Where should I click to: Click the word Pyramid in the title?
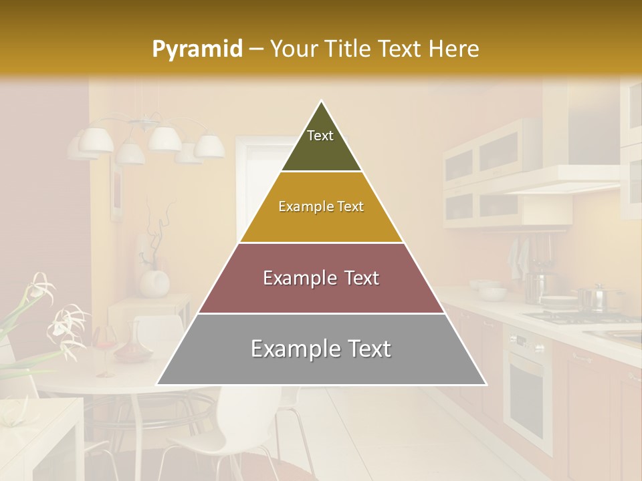197,49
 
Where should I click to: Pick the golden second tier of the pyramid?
321,224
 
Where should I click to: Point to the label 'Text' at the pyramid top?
320,136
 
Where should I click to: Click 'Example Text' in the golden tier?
321,206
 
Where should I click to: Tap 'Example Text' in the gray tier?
321,349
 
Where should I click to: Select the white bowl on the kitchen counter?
492,293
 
